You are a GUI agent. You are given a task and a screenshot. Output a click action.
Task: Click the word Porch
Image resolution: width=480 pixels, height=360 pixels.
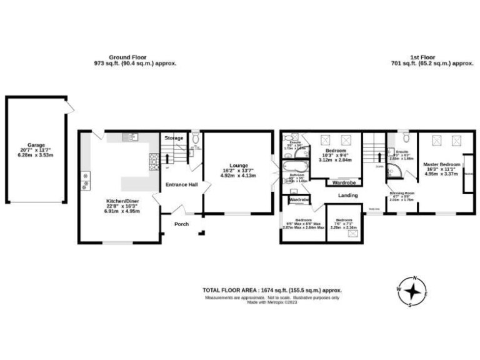click(181, 224)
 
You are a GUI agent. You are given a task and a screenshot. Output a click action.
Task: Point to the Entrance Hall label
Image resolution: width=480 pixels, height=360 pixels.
click(181, 184)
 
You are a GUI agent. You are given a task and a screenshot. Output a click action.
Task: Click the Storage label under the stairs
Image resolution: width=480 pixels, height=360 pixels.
click(174, 137)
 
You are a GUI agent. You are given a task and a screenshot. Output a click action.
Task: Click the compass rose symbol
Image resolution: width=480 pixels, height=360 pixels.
click(411, 292)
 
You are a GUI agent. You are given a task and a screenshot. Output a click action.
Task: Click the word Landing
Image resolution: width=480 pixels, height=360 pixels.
click(348, 196)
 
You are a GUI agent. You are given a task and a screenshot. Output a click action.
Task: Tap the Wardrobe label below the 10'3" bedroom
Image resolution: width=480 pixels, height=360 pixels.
click(344, 182)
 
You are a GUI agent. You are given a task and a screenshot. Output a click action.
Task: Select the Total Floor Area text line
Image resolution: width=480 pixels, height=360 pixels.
click(272, 289)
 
